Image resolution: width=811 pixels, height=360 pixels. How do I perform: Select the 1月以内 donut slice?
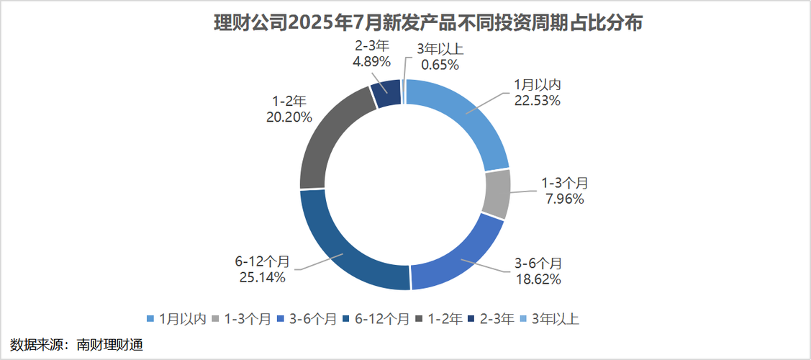(461, 119)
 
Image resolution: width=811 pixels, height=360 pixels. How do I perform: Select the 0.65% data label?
(440, 64)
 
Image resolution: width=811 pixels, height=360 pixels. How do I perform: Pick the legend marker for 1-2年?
(420, 318)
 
